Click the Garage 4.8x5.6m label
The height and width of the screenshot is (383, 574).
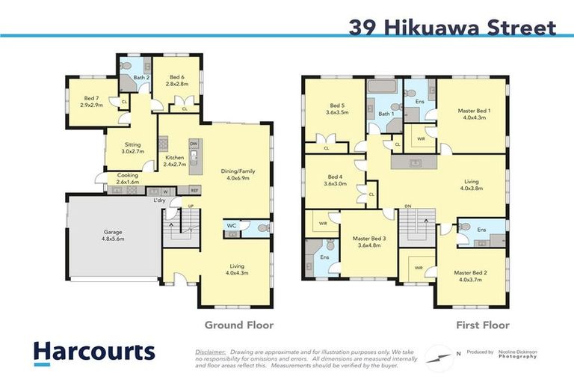113,236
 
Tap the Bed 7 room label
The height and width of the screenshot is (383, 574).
91,102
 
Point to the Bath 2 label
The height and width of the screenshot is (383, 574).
142,78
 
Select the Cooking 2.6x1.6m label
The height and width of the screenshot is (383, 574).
128,178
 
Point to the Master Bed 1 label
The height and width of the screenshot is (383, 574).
472,114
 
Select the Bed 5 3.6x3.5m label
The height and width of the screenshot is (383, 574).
337,109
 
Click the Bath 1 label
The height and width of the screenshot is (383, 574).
386,114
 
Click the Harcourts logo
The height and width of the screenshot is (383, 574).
93,353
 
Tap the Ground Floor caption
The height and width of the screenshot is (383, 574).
239,325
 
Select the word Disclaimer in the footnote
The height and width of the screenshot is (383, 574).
210,351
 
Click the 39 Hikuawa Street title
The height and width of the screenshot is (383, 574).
452,28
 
